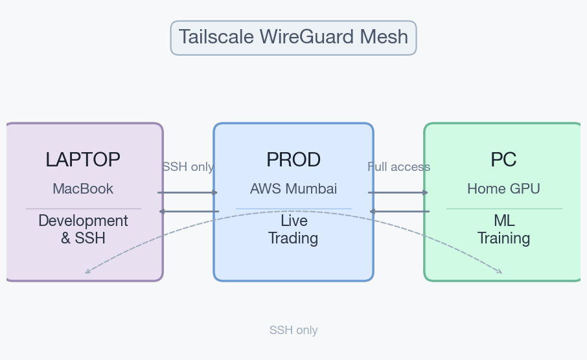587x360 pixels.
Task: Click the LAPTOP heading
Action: click(x=83, y=160)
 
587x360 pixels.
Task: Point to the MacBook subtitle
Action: click(x=83, y=189)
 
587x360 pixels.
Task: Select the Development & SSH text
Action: click(x=83, y=229)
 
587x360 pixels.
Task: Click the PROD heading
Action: click(x=293, y=160)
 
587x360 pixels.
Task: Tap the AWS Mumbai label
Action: click(x=293, y=189)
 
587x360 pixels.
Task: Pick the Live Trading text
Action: click(x=293, y=229)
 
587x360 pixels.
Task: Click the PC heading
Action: click(x=503, y=160)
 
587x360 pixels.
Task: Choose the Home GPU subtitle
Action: click(x=503, y=189)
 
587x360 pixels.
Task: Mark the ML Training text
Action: click(x=503, y=229)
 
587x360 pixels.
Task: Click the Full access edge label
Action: click(x=398, y=167)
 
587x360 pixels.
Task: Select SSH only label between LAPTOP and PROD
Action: click(x=188, y=167)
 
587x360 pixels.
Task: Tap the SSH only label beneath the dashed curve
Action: click(x=293, y=330)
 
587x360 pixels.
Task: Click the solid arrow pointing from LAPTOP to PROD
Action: click(x=188, y=192)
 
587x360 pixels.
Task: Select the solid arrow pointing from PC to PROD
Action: click(x=398, y=211)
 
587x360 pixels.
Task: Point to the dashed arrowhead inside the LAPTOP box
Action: click(x=87, y=272)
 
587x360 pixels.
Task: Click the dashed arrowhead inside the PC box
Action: click(x=500, y=272)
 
